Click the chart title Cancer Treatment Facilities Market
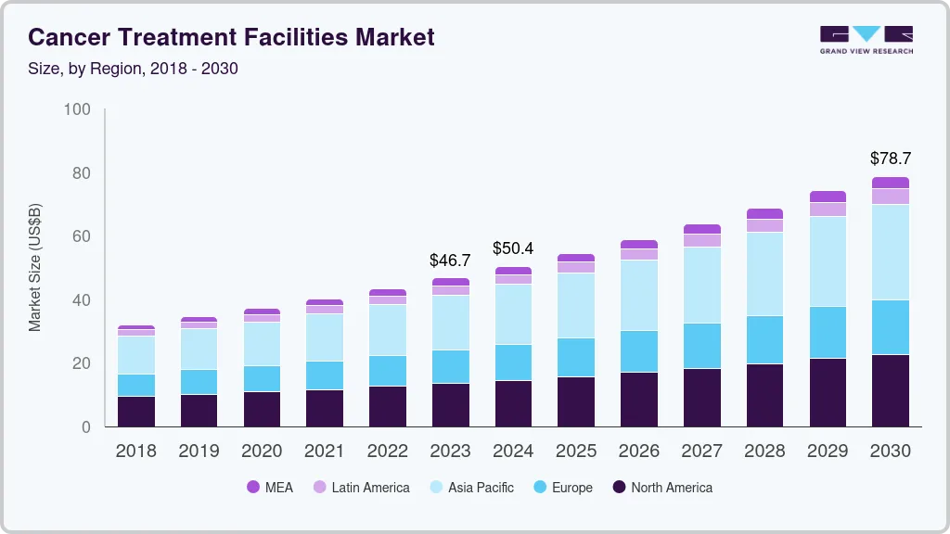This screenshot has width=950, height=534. (231, 38)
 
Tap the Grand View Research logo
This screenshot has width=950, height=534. (866, 39)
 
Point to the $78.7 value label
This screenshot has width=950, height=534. (890, 159)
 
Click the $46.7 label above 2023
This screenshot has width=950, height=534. (450, 261)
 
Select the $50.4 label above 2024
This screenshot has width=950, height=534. (513, 248)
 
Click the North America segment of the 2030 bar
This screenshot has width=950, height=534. (890, 390)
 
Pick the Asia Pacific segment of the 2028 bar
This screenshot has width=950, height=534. (764, 273)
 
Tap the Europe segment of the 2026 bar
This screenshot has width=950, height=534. (639, 351)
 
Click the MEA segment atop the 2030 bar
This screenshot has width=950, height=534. (890, 183)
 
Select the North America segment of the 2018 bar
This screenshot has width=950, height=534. (136, 412)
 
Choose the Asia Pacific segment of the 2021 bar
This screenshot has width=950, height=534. (325, 337)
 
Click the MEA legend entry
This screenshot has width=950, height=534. (270, 487)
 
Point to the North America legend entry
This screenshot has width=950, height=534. (661, 487)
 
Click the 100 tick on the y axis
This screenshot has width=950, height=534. (77, 109)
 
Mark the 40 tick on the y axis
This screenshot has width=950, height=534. (81, 300)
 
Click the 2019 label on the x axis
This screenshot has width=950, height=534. (199, 451)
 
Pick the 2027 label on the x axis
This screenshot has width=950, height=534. (701, 451)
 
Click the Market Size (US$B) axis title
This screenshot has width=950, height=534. (35, 268)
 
